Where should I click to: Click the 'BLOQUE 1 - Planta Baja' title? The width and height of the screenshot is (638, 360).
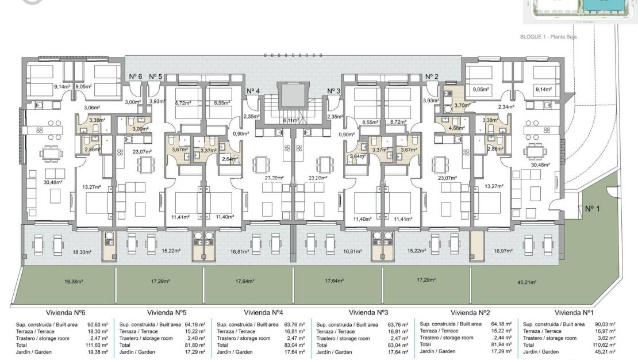coord(548,36)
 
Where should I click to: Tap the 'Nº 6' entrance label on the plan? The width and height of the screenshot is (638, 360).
coord(136,76)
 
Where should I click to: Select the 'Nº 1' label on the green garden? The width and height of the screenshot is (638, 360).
coord(592,209)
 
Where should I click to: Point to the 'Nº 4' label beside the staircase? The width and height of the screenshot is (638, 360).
coord(253,91)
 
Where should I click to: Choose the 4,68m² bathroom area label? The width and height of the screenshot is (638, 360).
coord(456,128)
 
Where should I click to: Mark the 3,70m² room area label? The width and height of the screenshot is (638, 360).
coord(462,105)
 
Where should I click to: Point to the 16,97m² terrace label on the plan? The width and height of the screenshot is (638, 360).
coord(503,251)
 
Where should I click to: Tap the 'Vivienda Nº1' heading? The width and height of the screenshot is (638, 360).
coord(574,312)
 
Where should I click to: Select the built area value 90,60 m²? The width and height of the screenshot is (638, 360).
coord(95,324)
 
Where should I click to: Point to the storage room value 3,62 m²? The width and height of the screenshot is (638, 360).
coord(606,338)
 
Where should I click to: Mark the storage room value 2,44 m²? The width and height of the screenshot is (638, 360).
coord(503,338)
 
